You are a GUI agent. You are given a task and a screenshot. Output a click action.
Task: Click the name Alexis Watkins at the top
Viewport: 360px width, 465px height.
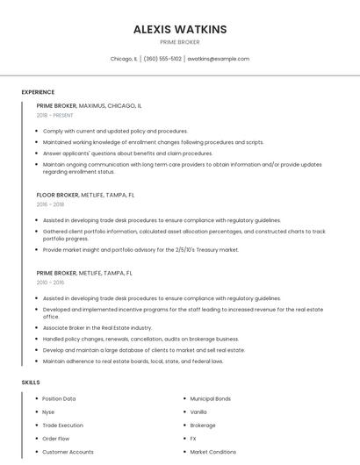pos(180,29)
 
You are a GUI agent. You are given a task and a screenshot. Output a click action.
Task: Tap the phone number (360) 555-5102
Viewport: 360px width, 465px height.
pos(162,59)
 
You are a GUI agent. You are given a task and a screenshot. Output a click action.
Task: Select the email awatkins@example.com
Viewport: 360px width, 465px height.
pos(219,59)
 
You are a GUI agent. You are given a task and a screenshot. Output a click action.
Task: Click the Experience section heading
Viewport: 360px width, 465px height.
pos(38,92)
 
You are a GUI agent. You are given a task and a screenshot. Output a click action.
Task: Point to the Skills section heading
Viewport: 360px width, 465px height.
pos(32,383)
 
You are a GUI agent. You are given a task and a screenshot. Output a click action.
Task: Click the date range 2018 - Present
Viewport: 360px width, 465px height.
pos(55,115)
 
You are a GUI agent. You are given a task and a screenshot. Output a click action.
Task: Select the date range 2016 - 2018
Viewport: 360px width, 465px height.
pos(50,204)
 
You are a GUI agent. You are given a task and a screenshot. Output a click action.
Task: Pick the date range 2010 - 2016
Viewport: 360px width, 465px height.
pos(50,283)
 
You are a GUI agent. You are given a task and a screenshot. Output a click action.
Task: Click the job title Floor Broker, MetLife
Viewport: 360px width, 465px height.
pos(85,195)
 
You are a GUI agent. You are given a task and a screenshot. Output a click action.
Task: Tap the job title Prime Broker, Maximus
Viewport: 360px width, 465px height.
pos(89,105)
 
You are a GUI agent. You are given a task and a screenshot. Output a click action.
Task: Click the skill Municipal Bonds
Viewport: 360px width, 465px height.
pos(211,398)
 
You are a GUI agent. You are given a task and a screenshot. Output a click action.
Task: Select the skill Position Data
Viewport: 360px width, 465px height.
pos(59,398)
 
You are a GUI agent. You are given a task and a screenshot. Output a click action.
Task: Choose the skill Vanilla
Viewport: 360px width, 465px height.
pos(198,411)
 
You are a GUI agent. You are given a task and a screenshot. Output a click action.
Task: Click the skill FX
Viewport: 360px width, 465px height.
pos(193,438)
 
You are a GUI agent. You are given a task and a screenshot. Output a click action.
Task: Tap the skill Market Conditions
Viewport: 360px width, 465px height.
pos(212,452)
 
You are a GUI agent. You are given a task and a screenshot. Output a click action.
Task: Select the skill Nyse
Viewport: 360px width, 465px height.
pos(48,411)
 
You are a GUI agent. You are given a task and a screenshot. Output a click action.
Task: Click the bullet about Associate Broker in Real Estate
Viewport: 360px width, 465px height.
pos(97,327)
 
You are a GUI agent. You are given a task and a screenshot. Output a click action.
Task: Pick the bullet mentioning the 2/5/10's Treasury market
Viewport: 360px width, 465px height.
pos(140,249)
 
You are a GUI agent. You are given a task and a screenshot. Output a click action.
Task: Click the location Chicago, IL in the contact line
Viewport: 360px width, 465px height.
pos(124,59)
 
